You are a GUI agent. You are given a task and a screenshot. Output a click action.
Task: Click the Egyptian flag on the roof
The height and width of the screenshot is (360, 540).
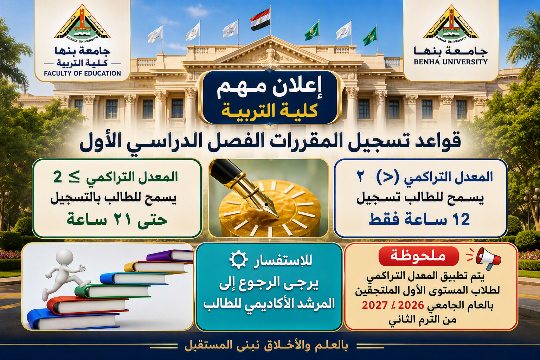260,20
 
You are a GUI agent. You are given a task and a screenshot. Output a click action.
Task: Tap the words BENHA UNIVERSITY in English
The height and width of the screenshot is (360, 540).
451,62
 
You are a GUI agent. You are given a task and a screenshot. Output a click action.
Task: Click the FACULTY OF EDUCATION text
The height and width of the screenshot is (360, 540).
83,73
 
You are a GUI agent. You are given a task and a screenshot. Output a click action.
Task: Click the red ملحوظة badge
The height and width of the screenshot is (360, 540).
419,256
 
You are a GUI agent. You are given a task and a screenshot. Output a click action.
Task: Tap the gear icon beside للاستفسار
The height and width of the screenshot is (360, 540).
238,260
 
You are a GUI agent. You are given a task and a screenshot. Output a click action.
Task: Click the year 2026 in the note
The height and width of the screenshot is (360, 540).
412,305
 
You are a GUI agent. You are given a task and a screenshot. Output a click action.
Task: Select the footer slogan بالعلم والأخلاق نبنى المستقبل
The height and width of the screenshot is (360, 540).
267,347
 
